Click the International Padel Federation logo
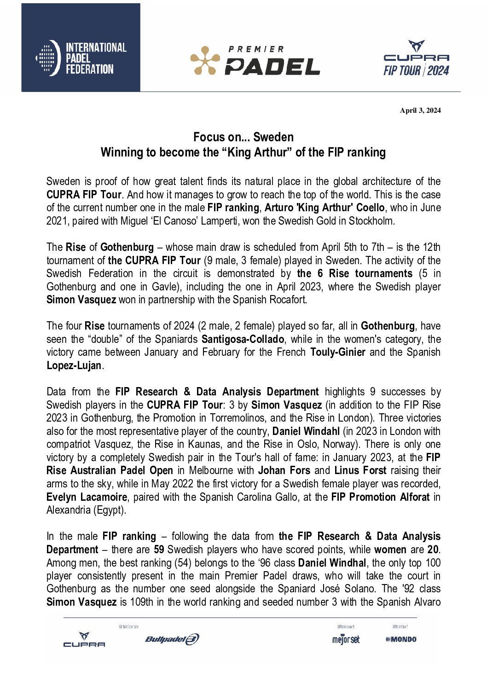click(81, 58)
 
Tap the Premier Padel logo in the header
click(255, 60)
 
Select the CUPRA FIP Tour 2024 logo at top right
click(416, 58)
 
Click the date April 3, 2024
click(420, 110)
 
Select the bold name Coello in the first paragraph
click(369, 208)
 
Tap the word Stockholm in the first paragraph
click(371, 221)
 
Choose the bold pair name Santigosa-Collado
click(243, 339)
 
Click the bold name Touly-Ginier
click(338, 353)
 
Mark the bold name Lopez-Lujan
click(74, 365)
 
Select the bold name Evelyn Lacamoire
click(87, 497)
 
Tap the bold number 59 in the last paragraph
click(159, 550)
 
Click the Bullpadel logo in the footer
click(172, 639)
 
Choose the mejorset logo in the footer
click(346, 639)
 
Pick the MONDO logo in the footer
click(401, 639)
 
